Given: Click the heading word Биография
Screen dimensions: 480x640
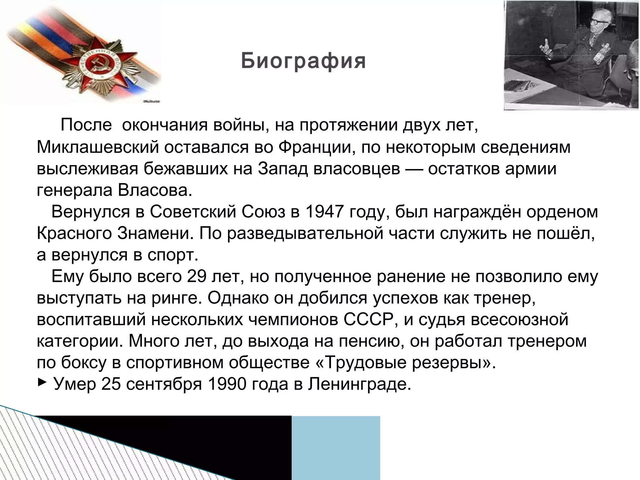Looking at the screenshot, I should [303, 61].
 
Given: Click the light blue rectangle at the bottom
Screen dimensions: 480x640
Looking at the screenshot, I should [336, 447].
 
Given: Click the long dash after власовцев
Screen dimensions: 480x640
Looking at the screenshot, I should [414, 169].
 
